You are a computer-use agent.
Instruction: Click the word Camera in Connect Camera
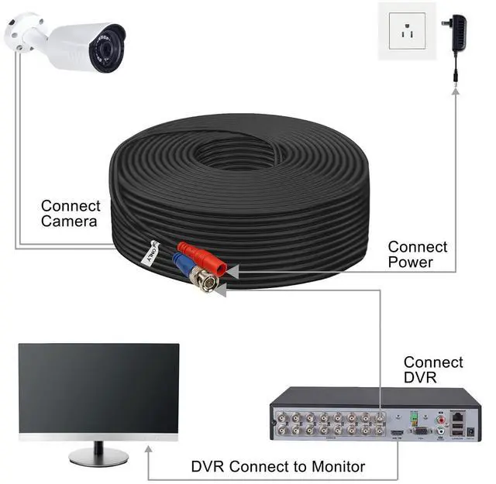(69, 221)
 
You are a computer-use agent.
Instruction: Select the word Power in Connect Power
(411, 263)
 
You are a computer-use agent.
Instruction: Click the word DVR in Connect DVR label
(419, 377)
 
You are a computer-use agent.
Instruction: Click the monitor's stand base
(98, 457)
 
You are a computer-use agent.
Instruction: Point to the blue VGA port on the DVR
(419, 430)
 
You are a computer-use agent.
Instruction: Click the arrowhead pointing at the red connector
(234, 270)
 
